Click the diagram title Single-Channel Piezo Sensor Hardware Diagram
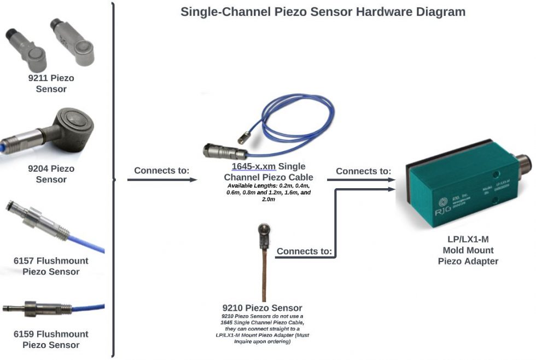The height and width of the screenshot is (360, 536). point(323,11)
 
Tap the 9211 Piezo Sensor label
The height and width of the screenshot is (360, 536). point(51,84)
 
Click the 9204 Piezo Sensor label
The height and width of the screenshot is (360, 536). point(51,174)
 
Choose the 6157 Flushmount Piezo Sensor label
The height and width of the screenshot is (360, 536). point(51,266)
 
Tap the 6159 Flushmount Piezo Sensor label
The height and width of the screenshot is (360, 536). point(51,339)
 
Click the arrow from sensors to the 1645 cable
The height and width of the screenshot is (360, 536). point(161,179)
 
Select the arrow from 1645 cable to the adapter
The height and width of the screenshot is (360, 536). point(361,180)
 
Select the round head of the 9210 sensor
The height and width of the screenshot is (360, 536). point(261,230)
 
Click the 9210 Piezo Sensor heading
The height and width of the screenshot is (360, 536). point(262,308)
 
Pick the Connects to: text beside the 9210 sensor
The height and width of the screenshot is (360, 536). point(304,251)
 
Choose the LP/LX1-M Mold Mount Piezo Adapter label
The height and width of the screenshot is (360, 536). point(468,251)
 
